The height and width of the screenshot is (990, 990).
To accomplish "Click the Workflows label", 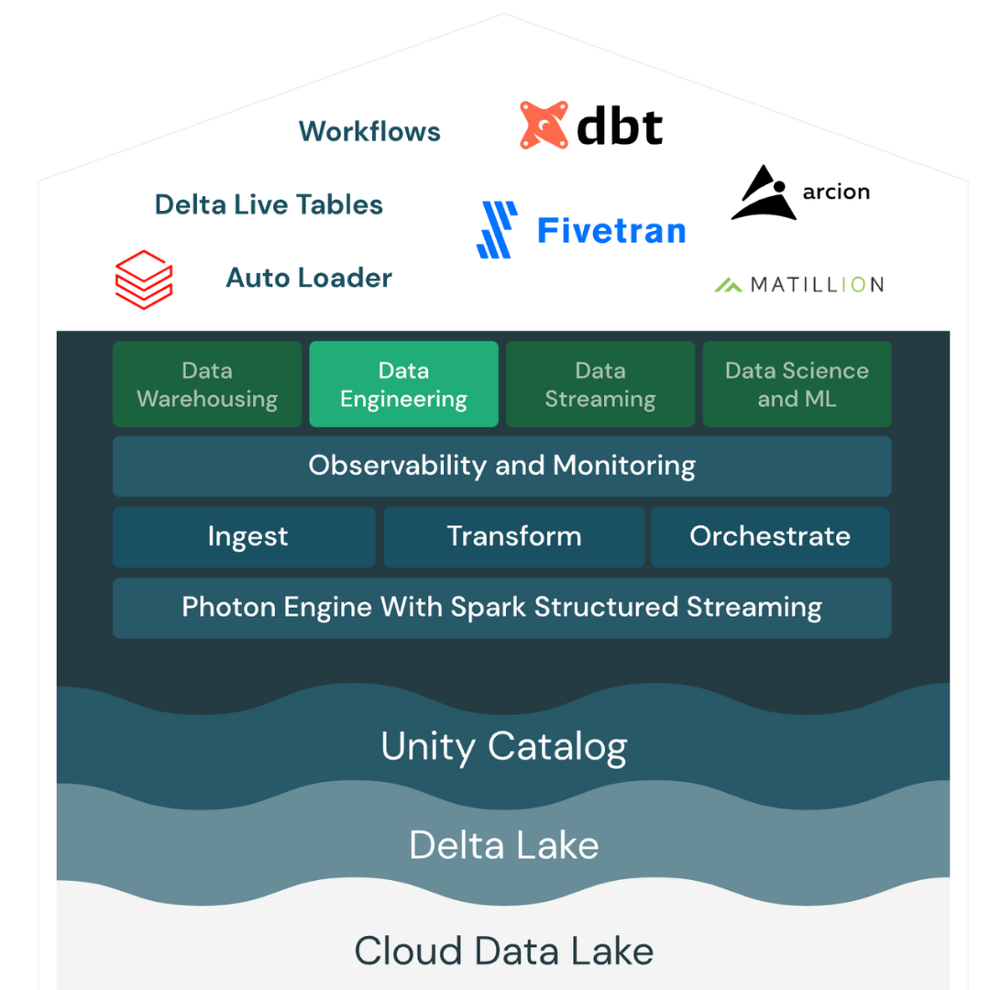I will pyautogui.click(x=369, y=132).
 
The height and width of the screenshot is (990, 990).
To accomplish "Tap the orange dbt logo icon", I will pyautogui.click(x=544, y=126).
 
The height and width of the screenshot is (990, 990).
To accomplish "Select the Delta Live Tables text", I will pyautogui.click(x=269, y=204).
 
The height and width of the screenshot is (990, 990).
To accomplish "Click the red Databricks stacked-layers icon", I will pyautogui.click(x=144, y=280).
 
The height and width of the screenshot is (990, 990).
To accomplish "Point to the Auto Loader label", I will pyautogui.click(x=309, y=278).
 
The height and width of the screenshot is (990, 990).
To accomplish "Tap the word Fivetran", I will pyautogui.click(x=611, y=230).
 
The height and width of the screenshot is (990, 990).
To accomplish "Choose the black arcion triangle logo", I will pyautogui.click(x=762, y=193).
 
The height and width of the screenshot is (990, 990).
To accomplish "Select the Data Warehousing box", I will pyautogui.click(x=207, y=385).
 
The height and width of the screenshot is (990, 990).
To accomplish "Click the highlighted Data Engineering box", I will pyautogui.click(x=403, y=385).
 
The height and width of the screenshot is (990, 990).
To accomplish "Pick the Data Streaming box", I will pyautogui.click(x=600, y=385).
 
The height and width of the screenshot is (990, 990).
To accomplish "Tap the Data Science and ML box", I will pyautogui.click(x=797, y=385).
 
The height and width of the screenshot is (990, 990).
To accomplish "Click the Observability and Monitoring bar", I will pyautogui.click(x=501, y=466).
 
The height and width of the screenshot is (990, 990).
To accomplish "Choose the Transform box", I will pyautogui.click(x=513, y=536).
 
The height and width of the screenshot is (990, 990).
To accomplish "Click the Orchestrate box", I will pyautogui.click(x=770, y=536).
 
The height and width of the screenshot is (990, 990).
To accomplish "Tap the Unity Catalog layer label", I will pyautogui.click(x=503, y=746).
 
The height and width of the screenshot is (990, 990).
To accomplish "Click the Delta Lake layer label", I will pyautogui.click(x=503, y=844).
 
